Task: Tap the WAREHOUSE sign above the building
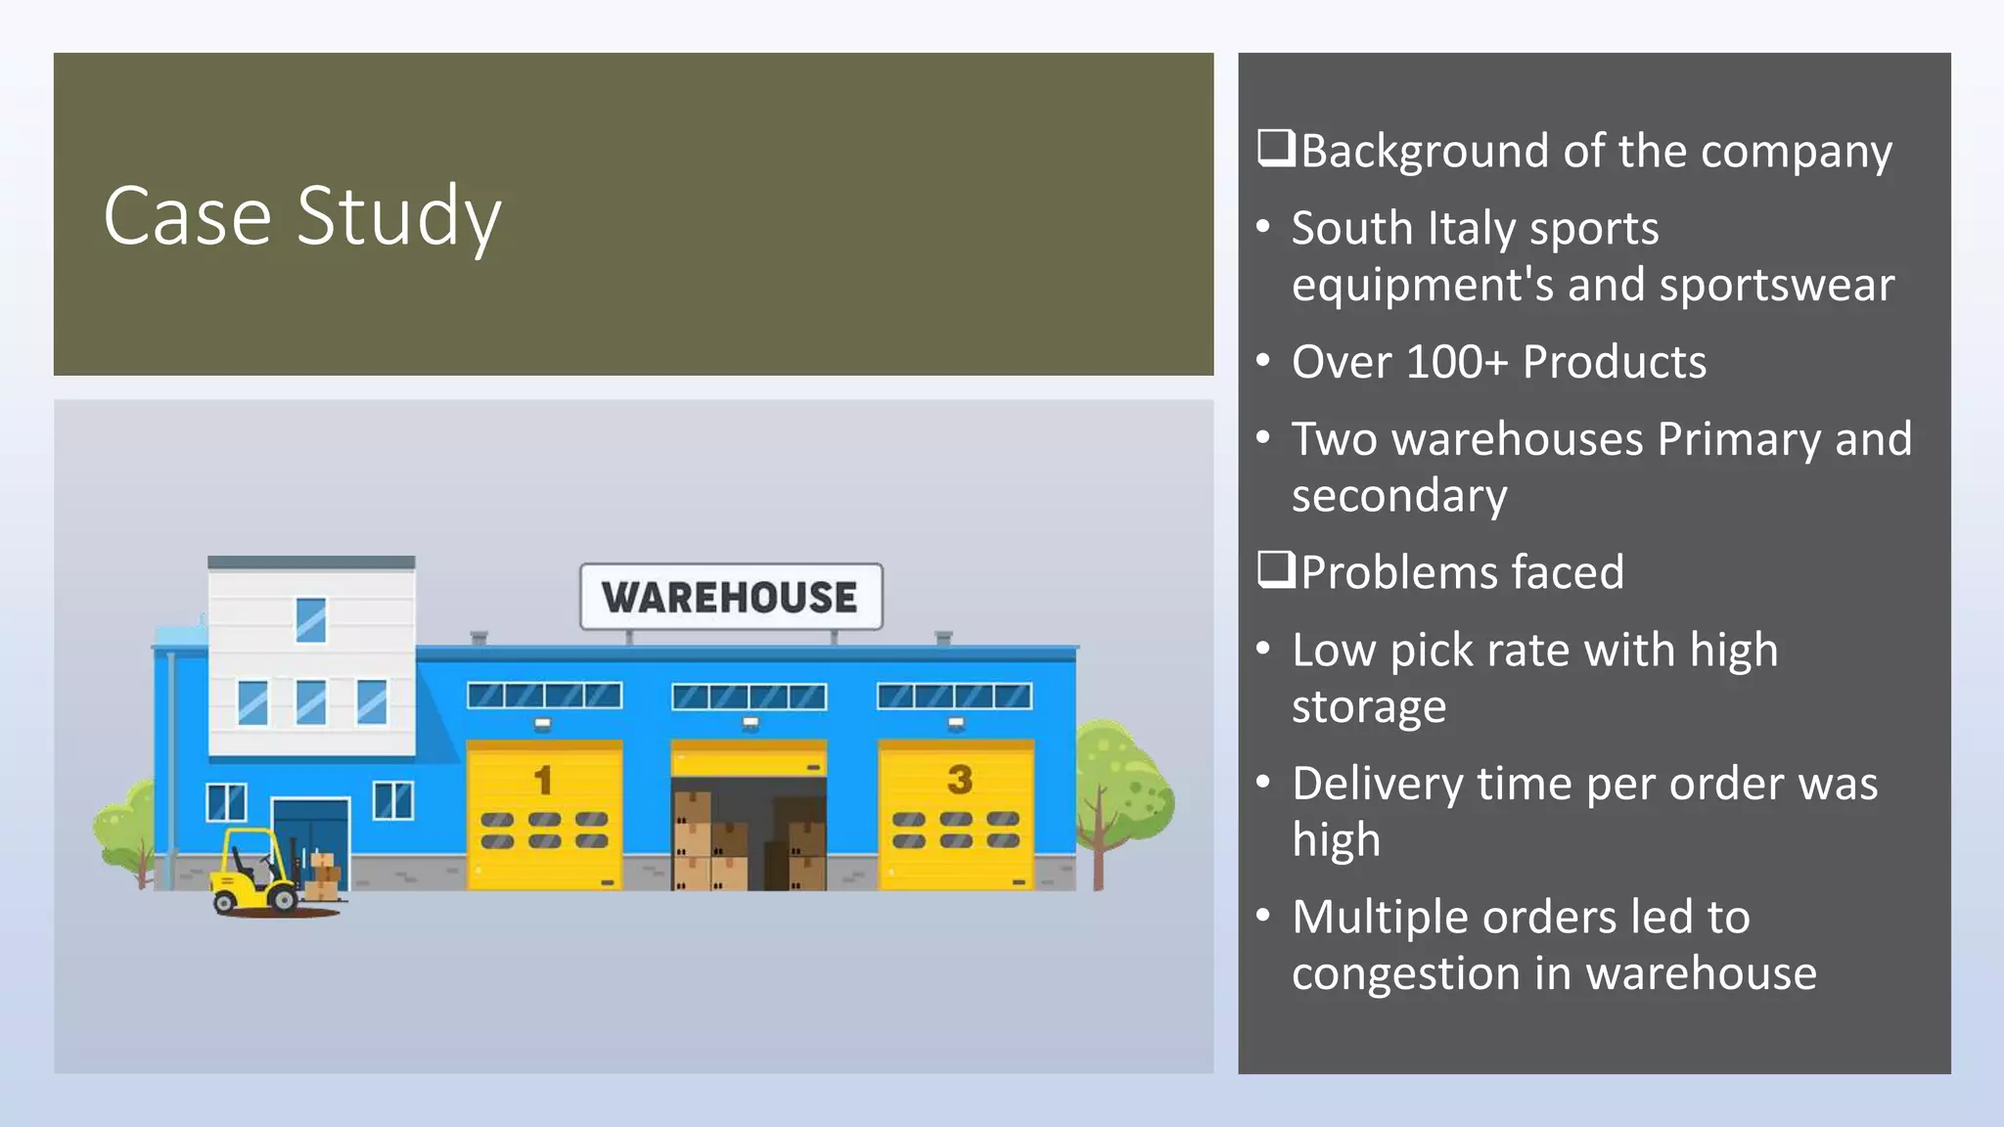pyautogui.click(x=730, y=597)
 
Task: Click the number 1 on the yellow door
pyautogui.click(x=543, y=780)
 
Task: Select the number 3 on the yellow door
pyautogui.click(x=959, y=780)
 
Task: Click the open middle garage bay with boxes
pyautogui.click(x=749, y=832)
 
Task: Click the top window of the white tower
pyautogui.click(x=311, y=619)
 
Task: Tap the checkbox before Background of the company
pyautogui.click(x=1276, y=149)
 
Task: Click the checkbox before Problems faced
pyautogui.click(x=1276, y=569)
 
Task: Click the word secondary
pyautogui.click(x=1398, y=496)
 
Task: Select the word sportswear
pyautogui.click(x=1776, y=286)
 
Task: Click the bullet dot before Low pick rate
pyautogui.click(x=1263, y=648)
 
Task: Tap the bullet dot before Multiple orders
pyautogui.click(x=1263, y=915)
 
